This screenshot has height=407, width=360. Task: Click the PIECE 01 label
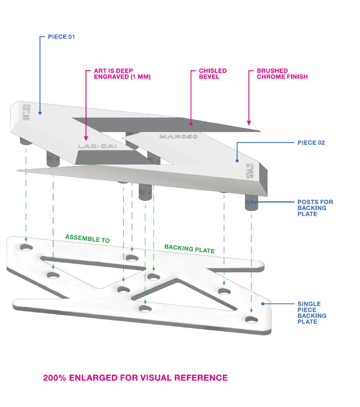(x=61, y=37)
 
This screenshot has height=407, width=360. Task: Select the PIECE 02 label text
(x=311, y=143)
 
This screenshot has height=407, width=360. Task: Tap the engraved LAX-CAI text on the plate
(x=97, y=146)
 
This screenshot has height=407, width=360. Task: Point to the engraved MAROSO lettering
(x=179, y=137)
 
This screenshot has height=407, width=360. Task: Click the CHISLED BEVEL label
(x=213, y=74)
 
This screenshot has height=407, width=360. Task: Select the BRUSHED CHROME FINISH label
(x=282, y=74)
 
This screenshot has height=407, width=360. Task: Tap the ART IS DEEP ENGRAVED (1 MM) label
(x=122, y=74)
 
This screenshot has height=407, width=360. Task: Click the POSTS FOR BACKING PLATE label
(x=315, y=208)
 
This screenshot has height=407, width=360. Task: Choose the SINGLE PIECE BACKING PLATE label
(x=312, y=313)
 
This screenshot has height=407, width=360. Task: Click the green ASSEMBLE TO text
(x=87, y=239)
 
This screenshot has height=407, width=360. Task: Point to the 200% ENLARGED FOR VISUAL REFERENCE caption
(x=135, y=378)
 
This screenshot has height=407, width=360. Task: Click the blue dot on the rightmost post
(x=252, y=202)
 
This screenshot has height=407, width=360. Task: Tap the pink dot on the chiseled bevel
(x=191, y=124)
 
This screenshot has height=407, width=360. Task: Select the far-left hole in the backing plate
(x=27, y=247)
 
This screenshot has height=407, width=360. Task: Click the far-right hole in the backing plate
(x=251, y=320)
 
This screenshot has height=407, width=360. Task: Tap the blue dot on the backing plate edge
(x=263, y=303)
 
